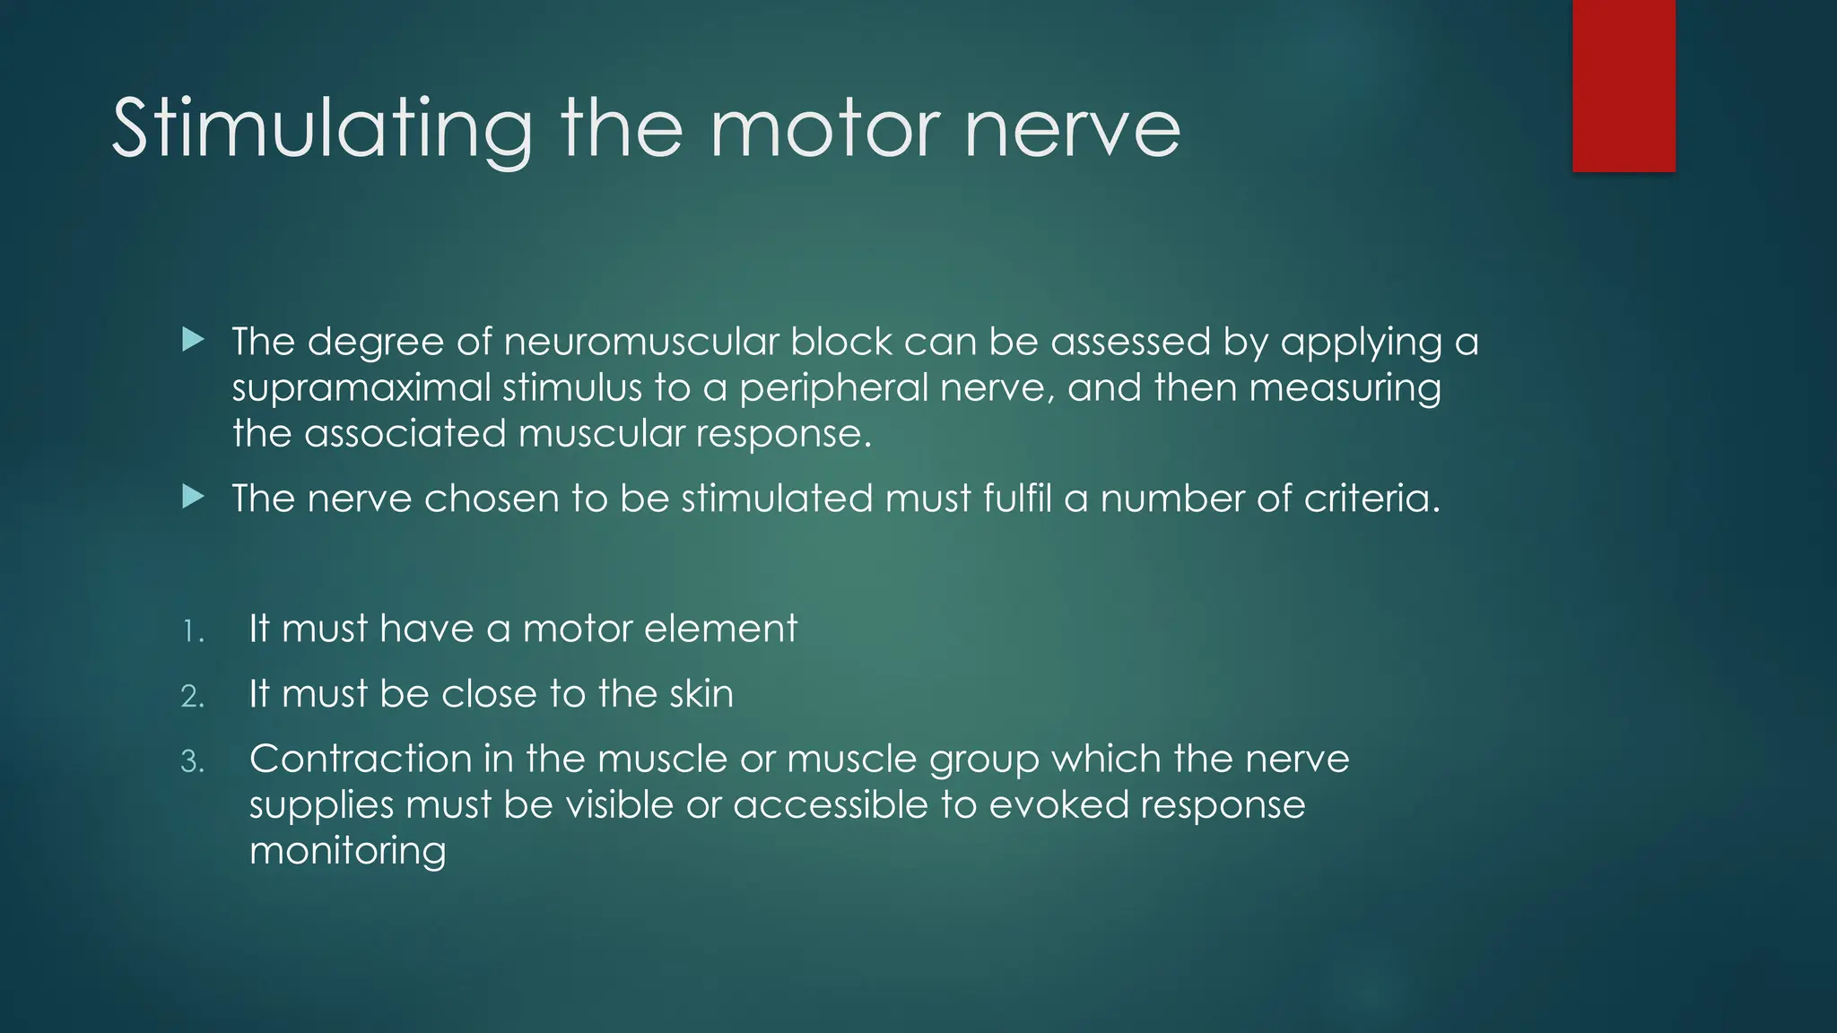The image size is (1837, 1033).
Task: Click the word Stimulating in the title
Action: point(321,130)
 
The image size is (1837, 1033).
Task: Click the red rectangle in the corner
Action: point(1624,86)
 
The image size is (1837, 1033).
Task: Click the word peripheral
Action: point(833,388)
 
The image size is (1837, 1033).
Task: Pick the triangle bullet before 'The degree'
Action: point(193,340)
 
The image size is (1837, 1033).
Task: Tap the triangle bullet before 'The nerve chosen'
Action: point(193,497)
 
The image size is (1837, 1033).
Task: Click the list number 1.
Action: point(192,632)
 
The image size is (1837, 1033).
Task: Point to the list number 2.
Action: point(192,697)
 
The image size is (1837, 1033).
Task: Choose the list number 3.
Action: point(192,762)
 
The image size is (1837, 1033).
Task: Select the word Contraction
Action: point(361,760)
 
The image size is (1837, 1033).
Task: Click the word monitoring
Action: point(347,851)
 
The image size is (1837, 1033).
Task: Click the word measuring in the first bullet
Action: point(1345,388)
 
